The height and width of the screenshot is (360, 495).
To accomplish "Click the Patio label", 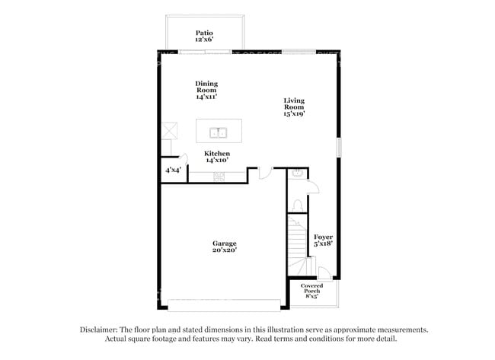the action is point(204,33).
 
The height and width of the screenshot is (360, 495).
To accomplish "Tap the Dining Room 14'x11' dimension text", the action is point(206,97).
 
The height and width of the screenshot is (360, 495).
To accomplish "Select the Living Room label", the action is point(294,104).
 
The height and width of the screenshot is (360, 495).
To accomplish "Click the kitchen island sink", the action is point(219,133).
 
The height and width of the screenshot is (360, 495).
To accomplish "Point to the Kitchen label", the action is point(217,154).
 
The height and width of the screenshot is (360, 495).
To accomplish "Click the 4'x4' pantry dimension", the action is point(174,170).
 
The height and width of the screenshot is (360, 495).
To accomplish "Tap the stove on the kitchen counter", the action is point(219,177).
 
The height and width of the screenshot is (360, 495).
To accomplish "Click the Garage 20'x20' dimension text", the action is point(225,250).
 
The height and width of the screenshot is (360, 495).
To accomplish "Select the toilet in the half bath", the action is point(298,206).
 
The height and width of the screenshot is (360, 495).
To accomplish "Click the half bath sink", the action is point(297,174).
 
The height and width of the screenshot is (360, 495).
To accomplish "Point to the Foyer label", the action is point(323,237).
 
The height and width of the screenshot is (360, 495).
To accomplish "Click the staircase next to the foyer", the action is point(297,245).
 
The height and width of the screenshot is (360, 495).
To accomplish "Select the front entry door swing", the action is point(324,273).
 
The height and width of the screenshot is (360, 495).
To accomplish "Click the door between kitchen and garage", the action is point(266,174).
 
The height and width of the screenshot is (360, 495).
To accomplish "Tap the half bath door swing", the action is point(313,186).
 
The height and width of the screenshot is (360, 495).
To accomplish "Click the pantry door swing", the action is point(183,159).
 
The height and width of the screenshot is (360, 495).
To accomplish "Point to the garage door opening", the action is point(224,305).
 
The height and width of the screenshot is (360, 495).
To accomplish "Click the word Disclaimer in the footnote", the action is point(99,330).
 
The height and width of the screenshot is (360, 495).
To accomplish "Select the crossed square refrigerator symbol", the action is point(170,131).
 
